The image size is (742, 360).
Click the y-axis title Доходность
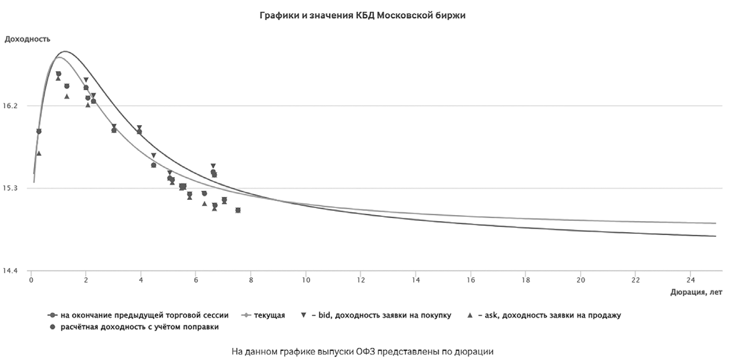coord(28,39)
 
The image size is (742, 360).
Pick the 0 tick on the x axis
coord(31,280)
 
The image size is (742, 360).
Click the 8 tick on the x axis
coord(251,280)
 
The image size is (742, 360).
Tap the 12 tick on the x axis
coord(361,280)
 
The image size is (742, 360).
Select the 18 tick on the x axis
coord(526,280)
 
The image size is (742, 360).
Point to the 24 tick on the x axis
coord(690,280)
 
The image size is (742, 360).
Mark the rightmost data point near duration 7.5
coord(238,210)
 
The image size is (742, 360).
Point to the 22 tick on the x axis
coord(636,280)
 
